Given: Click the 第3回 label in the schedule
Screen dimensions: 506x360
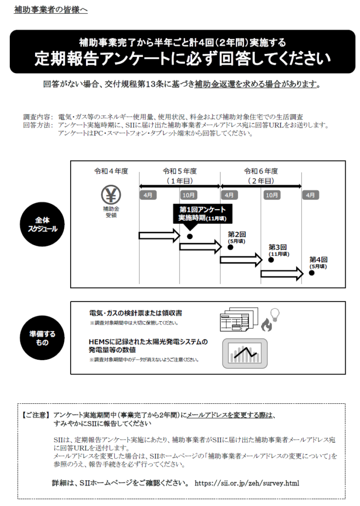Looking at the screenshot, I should click(x=278, y=247).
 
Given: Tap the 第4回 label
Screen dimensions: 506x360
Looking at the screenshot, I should click(x=318, y=259).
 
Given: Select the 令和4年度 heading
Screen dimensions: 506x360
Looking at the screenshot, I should click(x=111, y=171).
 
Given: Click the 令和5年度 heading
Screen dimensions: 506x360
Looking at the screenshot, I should click(x=180, y=171).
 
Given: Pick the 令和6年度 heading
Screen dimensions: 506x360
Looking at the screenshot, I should click(x=261, y=171).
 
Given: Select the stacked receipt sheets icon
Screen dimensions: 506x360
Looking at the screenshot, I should click(x=239, y=320).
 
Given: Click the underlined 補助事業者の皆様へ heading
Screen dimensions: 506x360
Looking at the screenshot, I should click(x=51, y=9).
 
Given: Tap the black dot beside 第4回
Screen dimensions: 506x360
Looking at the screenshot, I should click(x=311, y=273).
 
